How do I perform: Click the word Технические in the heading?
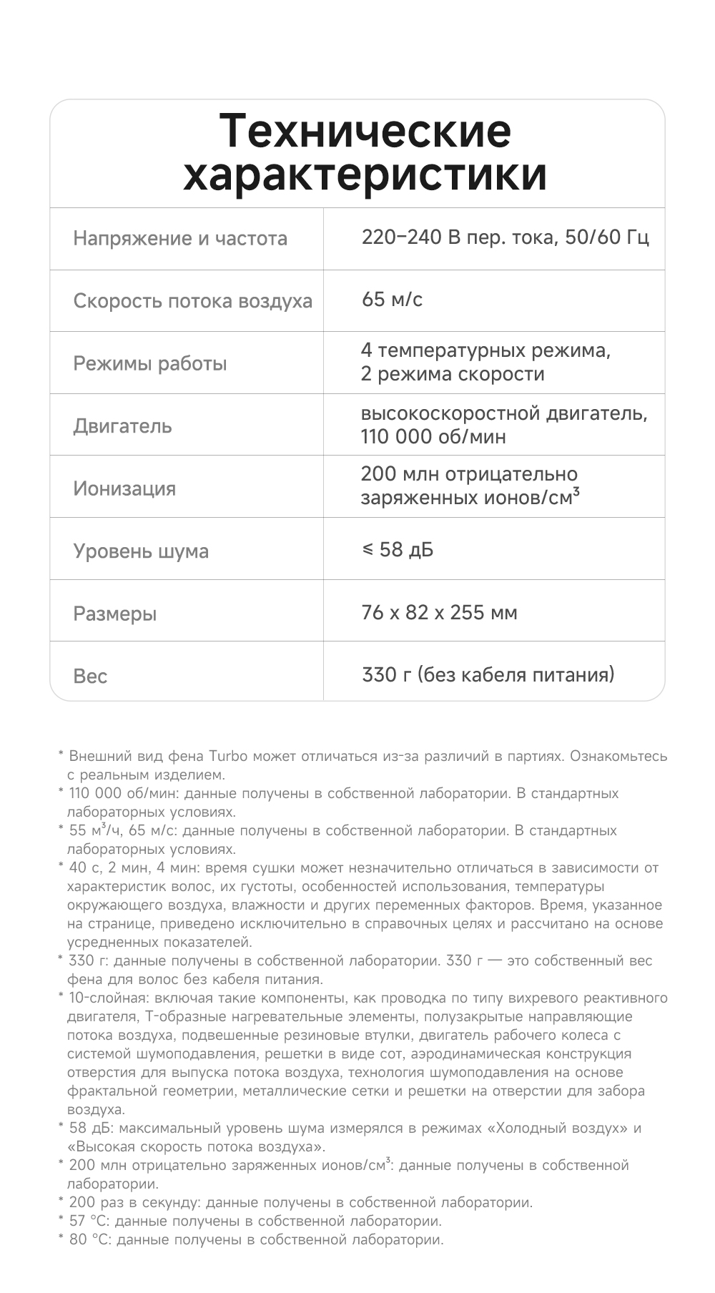pos(365,131)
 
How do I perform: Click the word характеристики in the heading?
pos(365,174)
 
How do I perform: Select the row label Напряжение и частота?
pos(180,239)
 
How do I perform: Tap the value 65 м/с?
pos(392,300)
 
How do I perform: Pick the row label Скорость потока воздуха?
pos(192,301)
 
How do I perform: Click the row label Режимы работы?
pos(149,363)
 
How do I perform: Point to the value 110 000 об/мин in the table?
pos(433,437)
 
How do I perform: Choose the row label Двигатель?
pos(122,426)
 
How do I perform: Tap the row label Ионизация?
pos(124,488)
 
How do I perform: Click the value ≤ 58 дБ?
pos(398,550)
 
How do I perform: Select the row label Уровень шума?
pos(141,551)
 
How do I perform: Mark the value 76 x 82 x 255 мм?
pos(439,613)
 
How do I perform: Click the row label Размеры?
pos(114,614)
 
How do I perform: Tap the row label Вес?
pos(90,676)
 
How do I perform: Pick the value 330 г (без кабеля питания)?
pos(488,674)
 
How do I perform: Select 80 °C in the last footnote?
pos(90,1239)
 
